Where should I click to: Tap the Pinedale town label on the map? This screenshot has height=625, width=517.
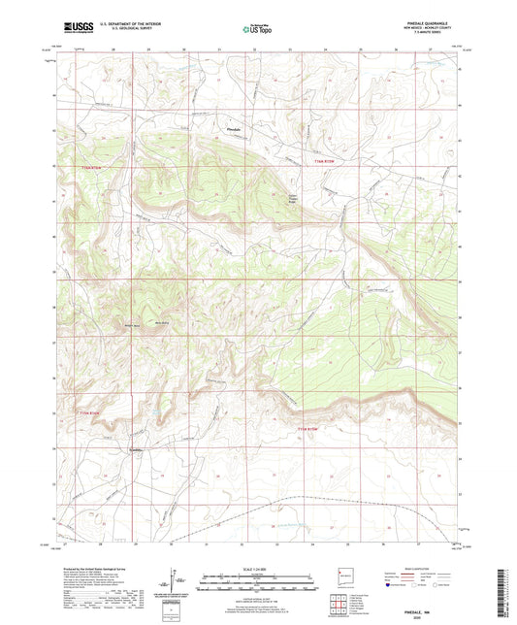pos(232,129)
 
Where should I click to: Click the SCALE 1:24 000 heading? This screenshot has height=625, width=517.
pos(259,569)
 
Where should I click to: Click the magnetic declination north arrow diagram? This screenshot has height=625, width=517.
pos(175,582)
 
